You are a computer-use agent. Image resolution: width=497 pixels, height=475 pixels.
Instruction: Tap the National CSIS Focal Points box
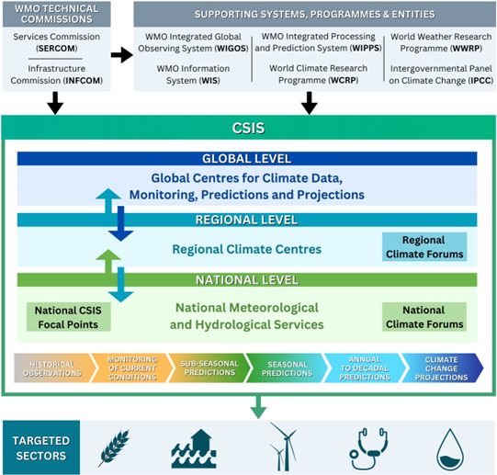pyautogui.click(x=67, y=317)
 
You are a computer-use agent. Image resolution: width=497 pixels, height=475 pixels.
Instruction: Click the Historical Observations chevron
pyautogui.click(x=54, y=367)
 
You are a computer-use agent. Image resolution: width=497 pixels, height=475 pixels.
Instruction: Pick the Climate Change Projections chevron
pyautogui.click(x=443, y=367)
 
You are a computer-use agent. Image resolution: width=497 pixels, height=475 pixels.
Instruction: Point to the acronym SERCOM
pyautogui.click(x=54, y=48)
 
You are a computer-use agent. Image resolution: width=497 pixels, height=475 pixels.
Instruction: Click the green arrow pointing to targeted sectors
pyautogui.click(x=258, y=405)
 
